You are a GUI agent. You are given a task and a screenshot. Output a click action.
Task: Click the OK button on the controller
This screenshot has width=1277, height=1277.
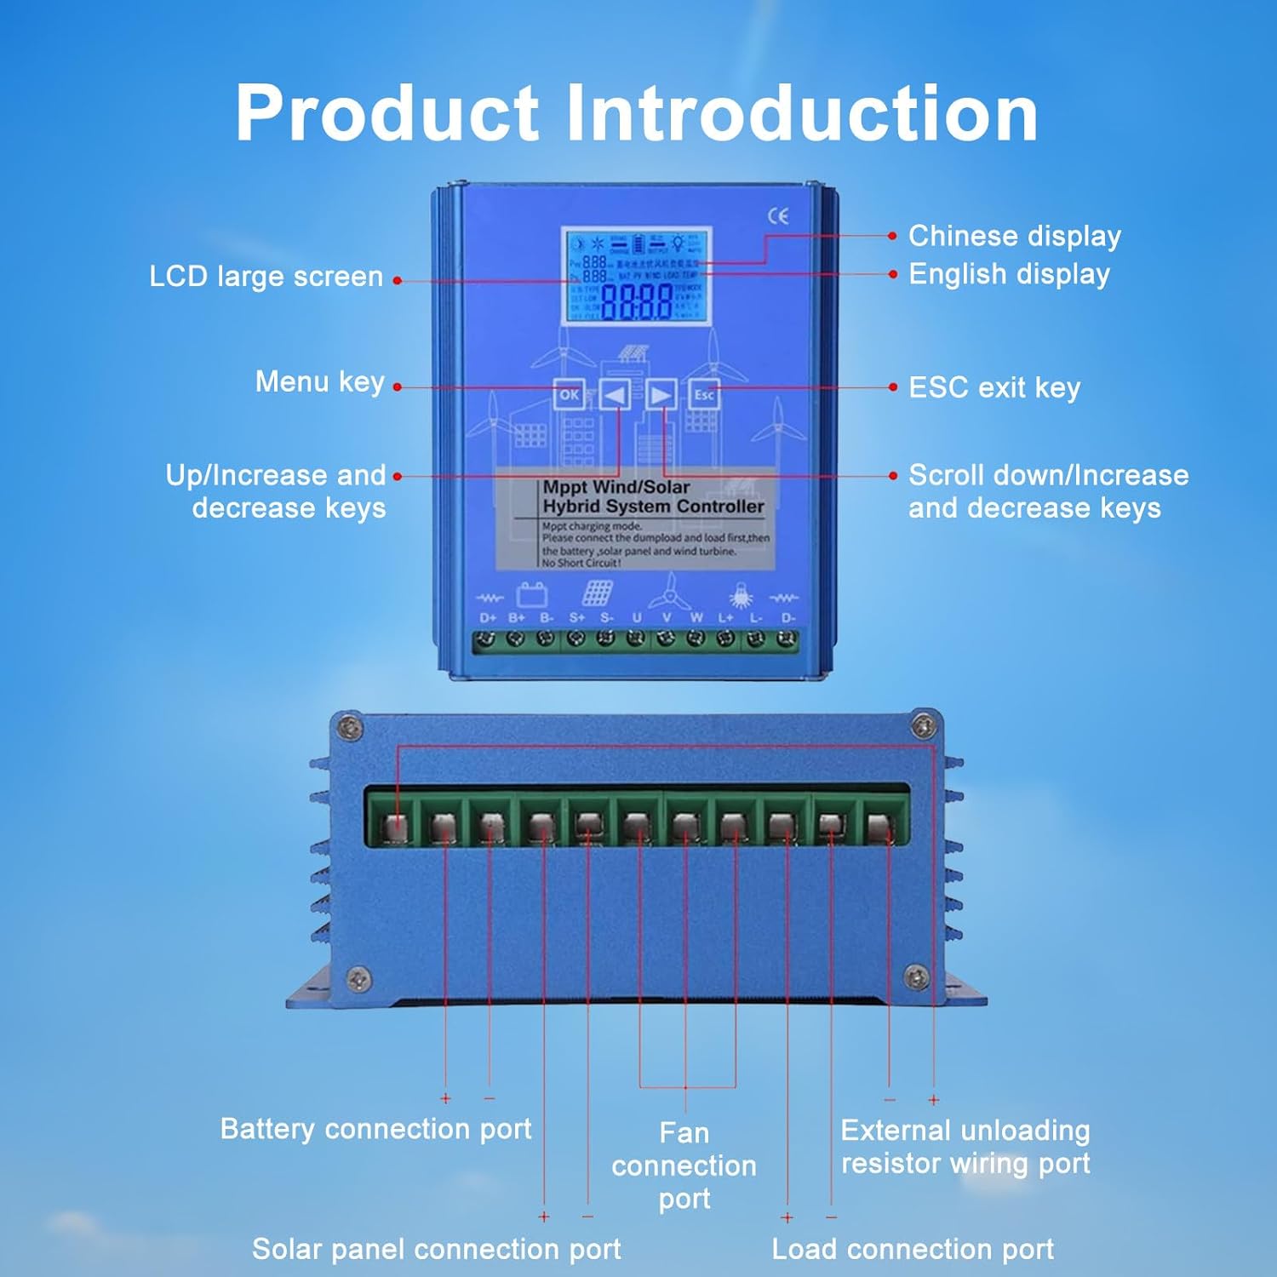coord(569,394)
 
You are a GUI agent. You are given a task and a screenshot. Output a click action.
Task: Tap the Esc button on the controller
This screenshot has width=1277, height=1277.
coord(704,394)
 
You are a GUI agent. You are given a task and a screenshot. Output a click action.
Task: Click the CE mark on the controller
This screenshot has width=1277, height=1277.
coord(778,216)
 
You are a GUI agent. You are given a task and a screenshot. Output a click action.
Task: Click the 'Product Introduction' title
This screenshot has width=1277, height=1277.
coord(637,112)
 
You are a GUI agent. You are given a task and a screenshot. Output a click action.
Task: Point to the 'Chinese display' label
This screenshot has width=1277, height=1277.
coord(1014,236)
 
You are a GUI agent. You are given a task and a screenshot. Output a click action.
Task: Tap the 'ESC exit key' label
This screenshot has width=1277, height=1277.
coord(994,387)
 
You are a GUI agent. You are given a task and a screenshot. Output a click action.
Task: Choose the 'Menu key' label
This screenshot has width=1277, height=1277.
coord(320,382)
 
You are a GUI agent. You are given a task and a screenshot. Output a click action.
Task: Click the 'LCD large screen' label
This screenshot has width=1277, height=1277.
coord(266,277)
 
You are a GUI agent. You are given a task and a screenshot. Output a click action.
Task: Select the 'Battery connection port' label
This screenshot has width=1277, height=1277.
coord(375,1129)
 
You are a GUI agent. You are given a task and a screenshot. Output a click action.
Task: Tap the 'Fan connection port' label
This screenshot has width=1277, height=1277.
coord(684,1165)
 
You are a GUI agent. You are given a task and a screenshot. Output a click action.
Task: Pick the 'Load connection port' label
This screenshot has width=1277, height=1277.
coord(913,1249)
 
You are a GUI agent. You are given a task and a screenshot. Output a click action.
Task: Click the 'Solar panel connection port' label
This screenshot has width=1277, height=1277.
coord(436,1249)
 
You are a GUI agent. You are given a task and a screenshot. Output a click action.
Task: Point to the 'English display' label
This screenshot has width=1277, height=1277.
coord(1009,274)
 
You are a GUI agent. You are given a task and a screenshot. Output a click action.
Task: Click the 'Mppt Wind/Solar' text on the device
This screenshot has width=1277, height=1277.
coord(616,488)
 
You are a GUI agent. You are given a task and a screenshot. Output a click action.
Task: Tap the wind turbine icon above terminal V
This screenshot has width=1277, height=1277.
coord(670,589)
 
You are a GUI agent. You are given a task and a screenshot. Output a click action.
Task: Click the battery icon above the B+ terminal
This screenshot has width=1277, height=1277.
coord(532,593)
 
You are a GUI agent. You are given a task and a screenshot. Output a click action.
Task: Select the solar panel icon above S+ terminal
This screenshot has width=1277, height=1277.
coord(597,592)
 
